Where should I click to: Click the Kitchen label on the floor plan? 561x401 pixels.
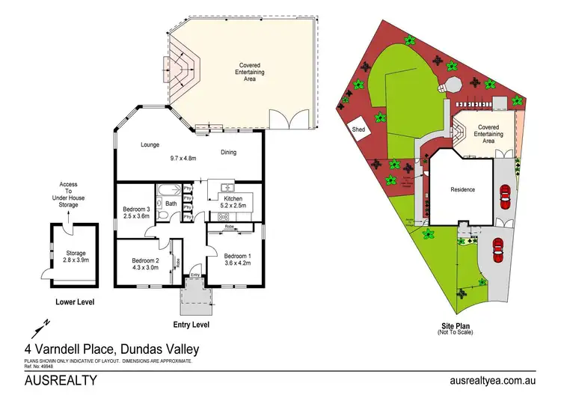(x=229, y=198)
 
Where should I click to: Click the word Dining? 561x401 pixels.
(x=229, y=153)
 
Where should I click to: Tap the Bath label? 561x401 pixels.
(x=171, y=203)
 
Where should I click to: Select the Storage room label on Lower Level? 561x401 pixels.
(x=76, y=254)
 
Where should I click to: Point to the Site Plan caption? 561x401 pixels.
(x=456, y=327)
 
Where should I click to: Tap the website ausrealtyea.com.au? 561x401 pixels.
(x=494, y=381)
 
